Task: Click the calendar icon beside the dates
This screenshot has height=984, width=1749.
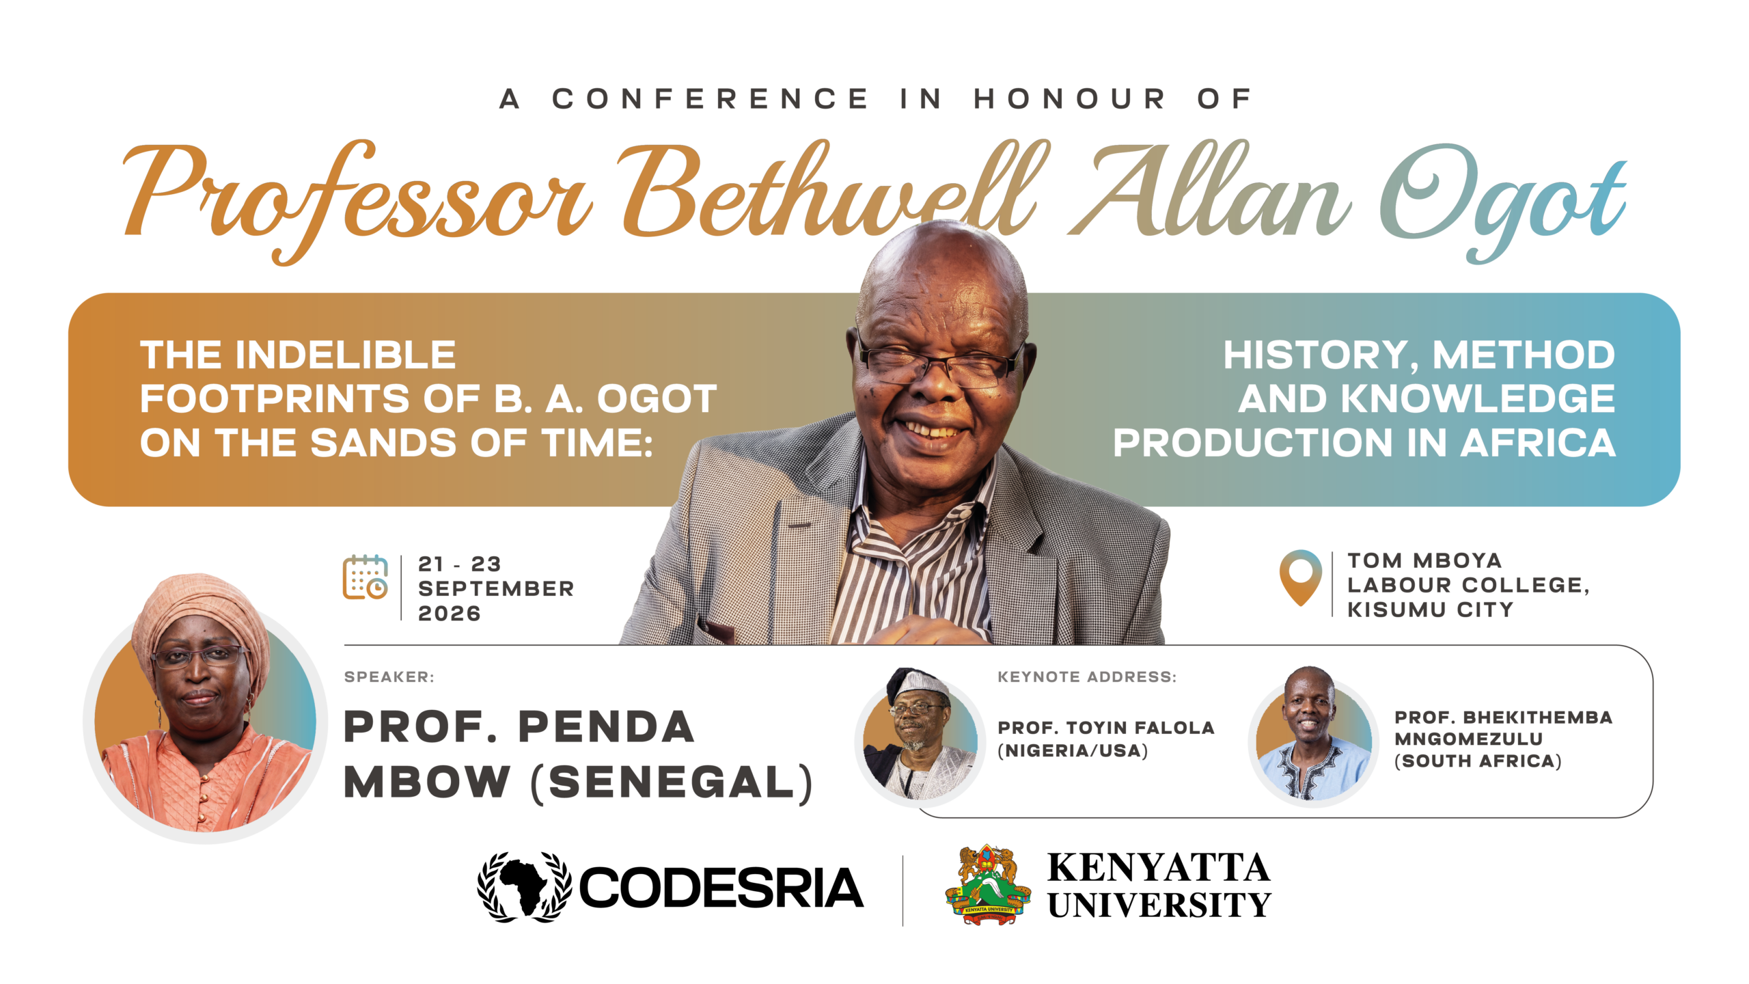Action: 366,577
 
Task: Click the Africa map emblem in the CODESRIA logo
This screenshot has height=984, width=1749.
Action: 524,887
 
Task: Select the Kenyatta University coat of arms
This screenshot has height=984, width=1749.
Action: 988,885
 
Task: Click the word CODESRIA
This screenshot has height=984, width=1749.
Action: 721,888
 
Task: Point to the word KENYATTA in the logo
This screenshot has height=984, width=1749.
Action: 1159,868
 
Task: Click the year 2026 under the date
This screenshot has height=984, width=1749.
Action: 450,614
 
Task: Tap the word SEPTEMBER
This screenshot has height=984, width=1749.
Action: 496,588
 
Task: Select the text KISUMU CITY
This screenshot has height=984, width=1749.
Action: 1430,610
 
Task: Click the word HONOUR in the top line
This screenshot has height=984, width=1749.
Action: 1070,99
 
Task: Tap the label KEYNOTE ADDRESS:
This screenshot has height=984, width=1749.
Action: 1087,677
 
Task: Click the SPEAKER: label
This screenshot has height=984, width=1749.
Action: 389,677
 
